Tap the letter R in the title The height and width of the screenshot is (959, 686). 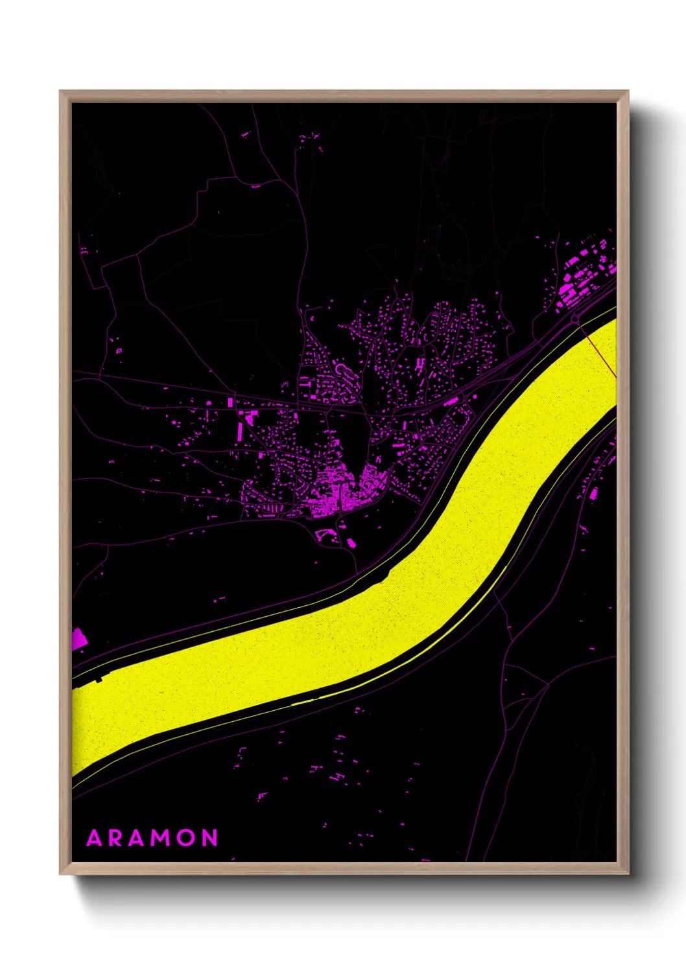click(115, 838)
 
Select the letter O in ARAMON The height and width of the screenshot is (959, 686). click(185, 838)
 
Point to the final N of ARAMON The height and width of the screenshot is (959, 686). click(209, 838)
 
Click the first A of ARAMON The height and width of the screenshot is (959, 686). click(94, 838)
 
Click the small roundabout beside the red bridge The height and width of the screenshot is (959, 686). click(576, 319)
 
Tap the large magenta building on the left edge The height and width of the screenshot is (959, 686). click(78, 638)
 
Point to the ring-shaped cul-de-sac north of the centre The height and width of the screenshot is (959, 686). click(341, 370)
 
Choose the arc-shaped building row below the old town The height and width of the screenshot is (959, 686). click(324, 534)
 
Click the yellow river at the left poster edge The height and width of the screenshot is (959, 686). click(81, 726)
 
